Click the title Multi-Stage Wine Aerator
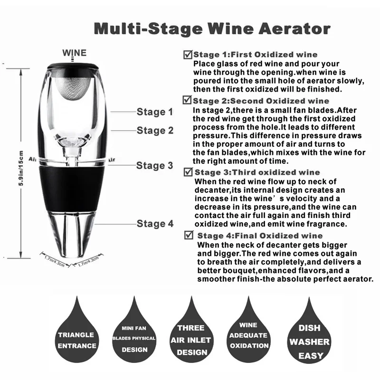pos(211,28)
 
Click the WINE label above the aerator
pos(75,52)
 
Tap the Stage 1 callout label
pos(155,112)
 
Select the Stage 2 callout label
pos(155,130)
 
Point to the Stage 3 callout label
pos(154,165)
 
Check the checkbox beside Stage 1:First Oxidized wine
pos(188,55)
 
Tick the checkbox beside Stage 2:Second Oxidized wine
pos(187,100)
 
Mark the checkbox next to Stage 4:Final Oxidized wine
pos(190,235)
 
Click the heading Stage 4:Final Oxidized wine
pos(260,236)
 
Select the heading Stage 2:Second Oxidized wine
pos(261,101)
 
